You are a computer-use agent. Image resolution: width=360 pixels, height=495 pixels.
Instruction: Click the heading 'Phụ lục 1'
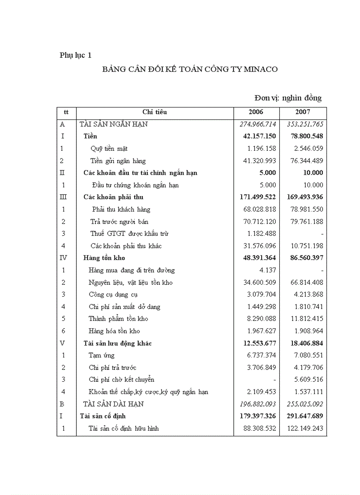(x=76, y=55)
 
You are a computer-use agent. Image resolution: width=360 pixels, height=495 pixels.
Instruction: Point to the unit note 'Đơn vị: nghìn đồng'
(x=288, y=98)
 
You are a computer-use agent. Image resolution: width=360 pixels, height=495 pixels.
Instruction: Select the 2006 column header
(x=256, y=112)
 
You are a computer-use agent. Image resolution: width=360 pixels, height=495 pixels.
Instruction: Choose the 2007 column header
(x=303, y=112)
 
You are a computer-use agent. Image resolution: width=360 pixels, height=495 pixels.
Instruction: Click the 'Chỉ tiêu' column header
(x=154, y=112)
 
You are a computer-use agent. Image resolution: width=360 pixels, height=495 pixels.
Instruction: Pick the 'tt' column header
(x=66, y=112)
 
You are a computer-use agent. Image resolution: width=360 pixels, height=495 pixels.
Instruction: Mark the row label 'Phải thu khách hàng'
(x=116, y=209)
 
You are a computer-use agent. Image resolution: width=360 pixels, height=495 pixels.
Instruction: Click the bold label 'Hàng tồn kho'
(x=107, y=258)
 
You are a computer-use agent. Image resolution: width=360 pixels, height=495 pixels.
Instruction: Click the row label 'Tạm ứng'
(x=101, y=355)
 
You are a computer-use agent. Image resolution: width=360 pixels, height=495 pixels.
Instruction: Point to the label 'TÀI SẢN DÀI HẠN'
(x=113, y=404)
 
